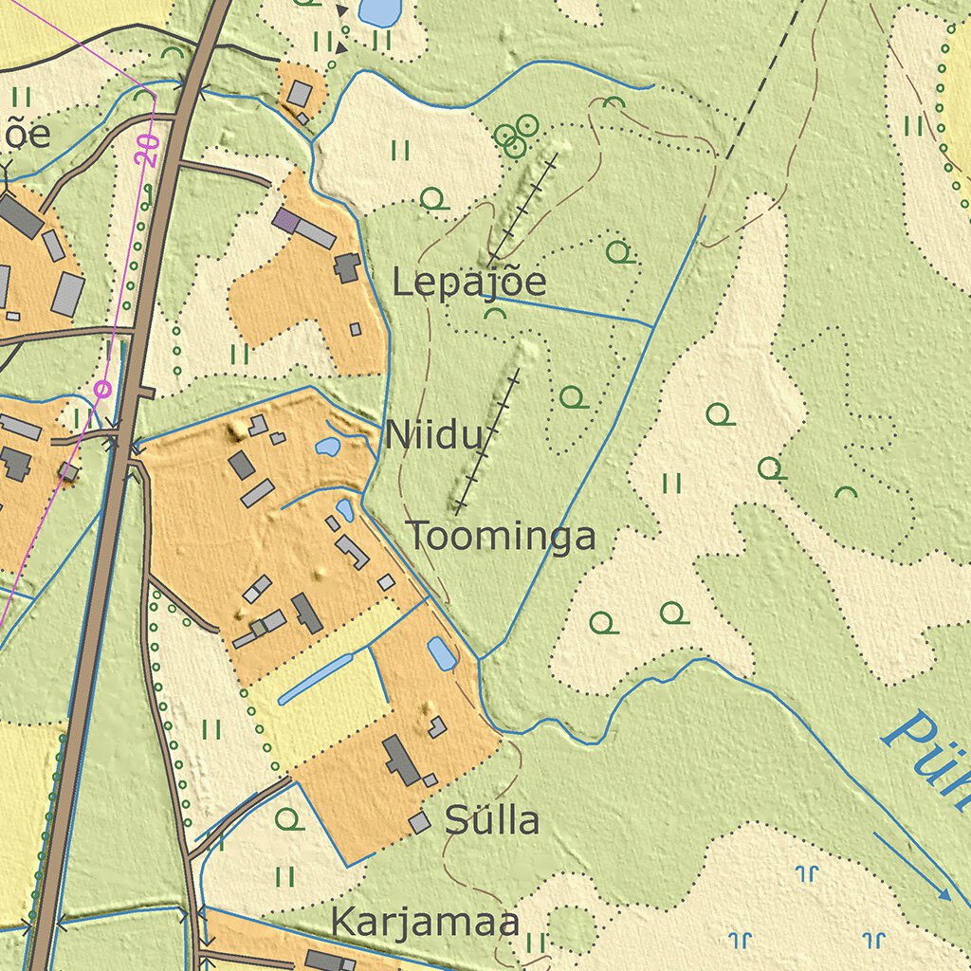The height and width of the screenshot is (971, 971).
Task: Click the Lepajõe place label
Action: [469, 283]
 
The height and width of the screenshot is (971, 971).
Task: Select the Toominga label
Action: [502, 537]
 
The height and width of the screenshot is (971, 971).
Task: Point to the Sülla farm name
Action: [492, 820]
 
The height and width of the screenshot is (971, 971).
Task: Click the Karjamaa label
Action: [425, 922]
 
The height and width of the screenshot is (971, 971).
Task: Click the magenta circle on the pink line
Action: [102, 388]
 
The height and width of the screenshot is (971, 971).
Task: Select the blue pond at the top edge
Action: [379, 11]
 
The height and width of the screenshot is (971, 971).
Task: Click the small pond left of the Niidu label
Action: [328, 446]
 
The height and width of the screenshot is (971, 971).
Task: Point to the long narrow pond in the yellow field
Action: [315, 679]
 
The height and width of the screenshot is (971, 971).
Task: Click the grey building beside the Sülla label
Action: [420, 822]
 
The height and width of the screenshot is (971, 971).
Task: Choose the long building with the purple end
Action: [303, 229]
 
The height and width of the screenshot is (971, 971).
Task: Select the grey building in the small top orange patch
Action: [300, 93]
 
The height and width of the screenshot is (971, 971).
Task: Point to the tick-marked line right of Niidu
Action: [487, 441]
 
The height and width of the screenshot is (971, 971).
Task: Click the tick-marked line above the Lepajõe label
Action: [522, 209]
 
